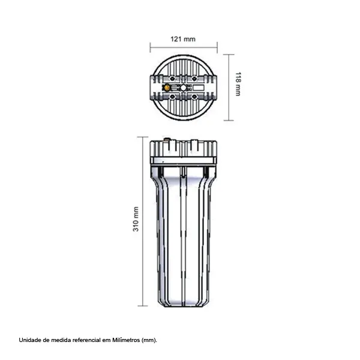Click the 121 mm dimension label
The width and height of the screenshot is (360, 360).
coord(183,39)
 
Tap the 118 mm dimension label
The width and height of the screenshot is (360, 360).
coord(238,84)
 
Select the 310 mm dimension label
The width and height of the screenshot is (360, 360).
coord(136,219)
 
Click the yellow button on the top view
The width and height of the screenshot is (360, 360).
coord(167,88)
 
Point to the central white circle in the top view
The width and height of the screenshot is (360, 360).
coord(183,88)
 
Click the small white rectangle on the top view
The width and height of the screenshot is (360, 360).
coord(199,88)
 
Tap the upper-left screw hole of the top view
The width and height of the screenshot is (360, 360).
coord(172,79)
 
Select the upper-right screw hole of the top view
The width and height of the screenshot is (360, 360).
coord(194,79)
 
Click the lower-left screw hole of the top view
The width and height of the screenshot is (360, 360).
coord(172,97)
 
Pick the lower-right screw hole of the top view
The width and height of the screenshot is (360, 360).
coord(194,97)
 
